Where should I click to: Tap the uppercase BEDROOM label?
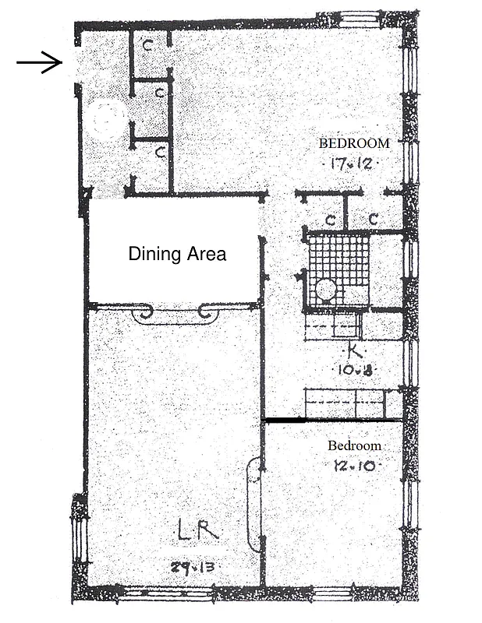click(353, 143)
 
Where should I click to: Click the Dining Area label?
click(177, 254)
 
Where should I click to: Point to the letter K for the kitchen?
click(354, 351)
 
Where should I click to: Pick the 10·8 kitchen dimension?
click(355, 371)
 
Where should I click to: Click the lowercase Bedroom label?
click(354, 446)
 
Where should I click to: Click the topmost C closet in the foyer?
click(148, 45)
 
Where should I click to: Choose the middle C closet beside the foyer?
click(159, 92)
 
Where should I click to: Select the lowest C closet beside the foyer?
click(158, 152)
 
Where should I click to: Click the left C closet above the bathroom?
click(331, 219)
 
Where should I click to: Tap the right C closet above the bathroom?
click(373, 219)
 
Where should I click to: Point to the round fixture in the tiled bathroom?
click(326, 290)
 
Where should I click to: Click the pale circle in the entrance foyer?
click(107, 120)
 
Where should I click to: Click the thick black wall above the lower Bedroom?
click(333, 421)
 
